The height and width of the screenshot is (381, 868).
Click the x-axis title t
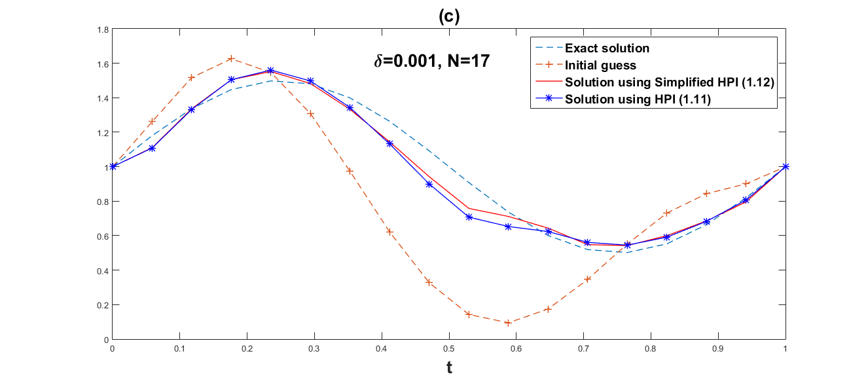pos(449,368)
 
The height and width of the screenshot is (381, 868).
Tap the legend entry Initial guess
pos(600,65)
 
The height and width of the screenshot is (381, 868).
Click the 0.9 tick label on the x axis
pos(718,348)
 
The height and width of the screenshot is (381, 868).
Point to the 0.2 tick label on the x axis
pos(247,348)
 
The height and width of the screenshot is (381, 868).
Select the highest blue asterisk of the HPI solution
pos(271,70)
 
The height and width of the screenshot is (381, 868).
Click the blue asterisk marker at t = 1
pos(786,166)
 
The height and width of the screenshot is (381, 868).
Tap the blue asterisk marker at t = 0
pos(113,166)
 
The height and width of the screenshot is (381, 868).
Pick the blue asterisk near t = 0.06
pos(152,148)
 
